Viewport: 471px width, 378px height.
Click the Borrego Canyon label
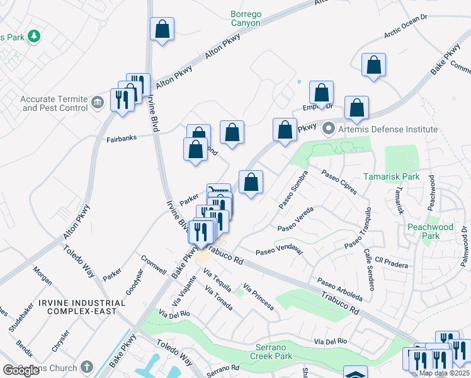tap(245, 18)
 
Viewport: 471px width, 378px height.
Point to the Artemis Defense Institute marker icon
tap(328, 129)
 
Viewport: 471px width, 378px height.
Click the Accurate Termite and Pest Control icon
tap(97, 102)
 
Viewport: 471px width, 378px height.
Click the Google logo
tap(21, 370)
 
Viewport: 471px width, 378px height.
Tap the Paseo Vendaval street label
tap(279, 251)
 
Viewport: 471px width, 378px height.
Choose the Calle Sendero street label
tap(369, 270)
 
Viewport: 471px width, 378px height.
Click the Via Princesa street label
tap(258, 295)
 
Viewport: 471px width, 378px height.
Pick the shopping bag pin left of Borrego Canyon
tap(162, 29)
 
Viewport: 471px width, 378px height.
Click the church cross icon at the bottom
tap(87, 366)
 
